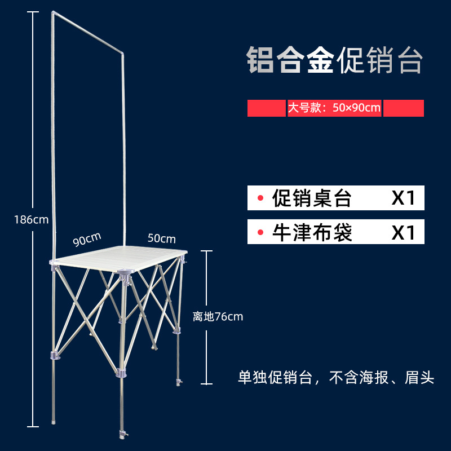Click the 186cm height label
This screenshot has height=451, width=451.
coord(32,219)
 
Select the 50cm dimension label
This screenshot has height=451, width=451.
coord(162,238)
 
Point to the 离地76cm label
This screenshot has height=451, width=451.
coord(218,317)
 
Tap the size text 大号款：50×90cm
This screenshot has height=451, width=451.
coord(334,108)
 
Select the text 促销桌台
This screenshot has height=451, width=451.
coord(312,198)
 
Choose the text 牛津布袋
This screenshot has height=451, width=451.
coord(312,232)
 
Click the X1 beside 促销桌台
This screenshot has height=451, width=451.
coord(404,198)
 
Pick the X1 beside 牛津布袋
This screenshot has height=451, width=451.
coord(404,232)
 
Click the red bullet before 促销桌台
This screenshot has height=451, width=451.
coord(260,198)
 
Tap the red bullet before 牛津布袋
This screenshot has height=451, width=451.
coord(260,232)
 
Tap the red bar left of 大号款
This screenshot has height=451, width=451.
coord(266,108)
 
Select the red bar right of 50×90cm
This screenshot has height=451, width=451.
coord(404,108)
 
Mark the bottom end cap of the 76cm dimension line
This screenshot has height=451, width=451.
coord(208,383)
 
